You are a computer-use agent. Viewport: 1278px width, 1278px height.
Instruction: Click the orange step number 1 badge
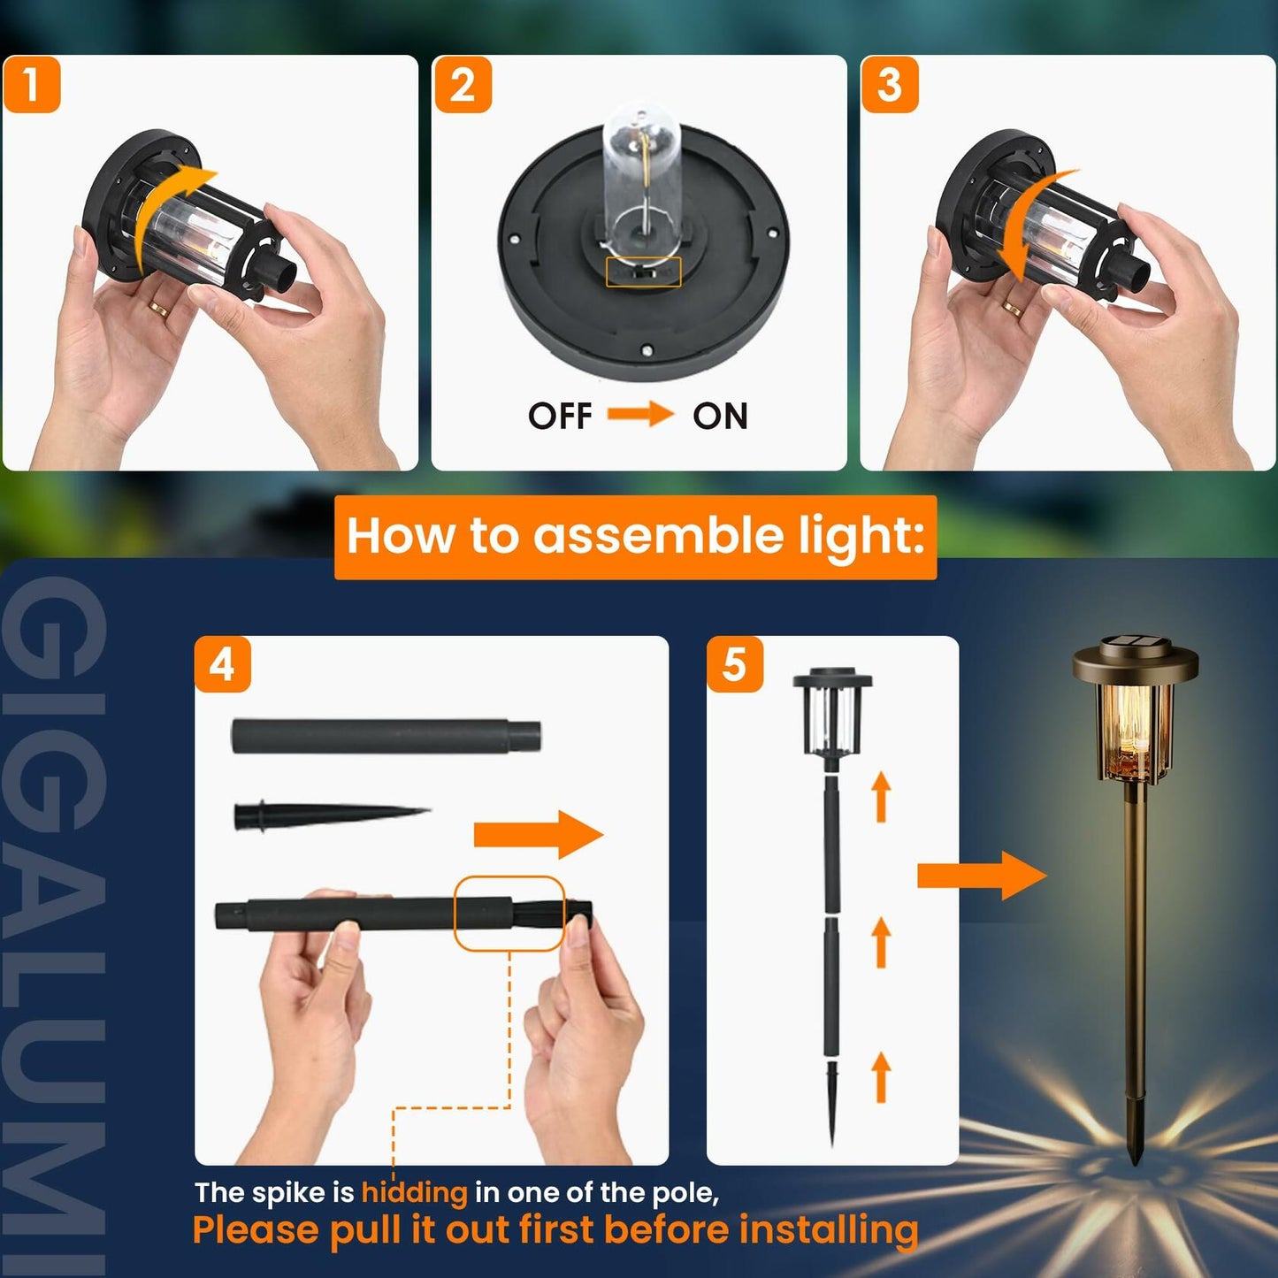pos(32,85)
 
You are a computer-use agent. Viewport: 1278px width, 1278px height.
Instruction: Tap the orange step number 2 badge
pos(463,85)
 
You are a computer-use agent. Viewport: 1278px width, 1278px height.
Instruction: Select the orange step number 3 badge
pos(890,85)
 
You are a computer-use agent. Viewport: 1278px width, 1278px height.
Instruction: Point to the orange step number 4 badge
pos(223,663)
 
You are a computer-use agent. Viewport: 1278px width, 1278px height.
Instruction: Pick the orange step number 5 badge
pos(735,663)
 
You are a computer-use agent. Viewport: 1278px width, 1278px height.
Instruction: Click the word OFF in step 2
pos(560,416)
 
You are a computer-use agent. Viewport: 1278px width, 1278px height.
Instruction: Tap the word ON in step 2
pos(720,416)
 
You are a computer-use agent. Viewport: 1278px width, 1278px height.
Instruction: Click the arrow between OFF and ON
pos(640,414)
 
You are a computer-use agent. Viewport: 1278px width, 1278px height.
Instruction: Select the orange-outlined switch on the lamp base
pos(643,272)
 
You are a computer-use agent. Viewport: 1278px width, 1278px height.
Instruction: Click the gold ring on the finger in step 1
pos(159,309)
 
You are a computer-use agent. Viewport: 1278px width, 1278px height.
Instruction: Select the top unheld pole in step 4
pos(386,736)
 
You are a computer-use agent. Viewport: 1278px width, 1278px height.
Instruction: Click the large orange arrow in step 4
pos(538,835)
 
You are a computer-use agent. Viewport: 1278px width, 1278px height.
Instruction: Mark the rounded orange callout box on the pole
pos(509,914)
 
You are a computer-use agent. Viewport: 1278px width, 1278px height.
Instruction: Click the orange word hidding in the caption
pos(414,1192)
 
